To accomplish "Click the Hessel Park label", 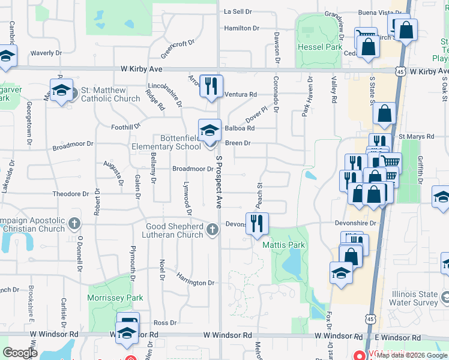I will coord(319,46).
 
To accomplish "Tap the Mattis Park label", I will coord(283,245).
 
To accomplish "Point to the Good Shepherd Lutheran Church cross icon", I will coord(212,229).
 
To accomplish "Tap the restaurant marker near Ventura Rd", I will coord(211,85).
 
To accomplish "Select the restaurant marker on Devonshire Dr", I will coord(257,223).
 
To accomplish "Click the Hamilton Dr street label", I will coord(241,28).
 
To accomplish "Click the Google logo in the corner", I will coord(20,353).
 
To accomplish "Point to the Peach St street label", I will coord(261,193).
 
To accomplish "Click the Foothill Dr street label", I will coord(125,127).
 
